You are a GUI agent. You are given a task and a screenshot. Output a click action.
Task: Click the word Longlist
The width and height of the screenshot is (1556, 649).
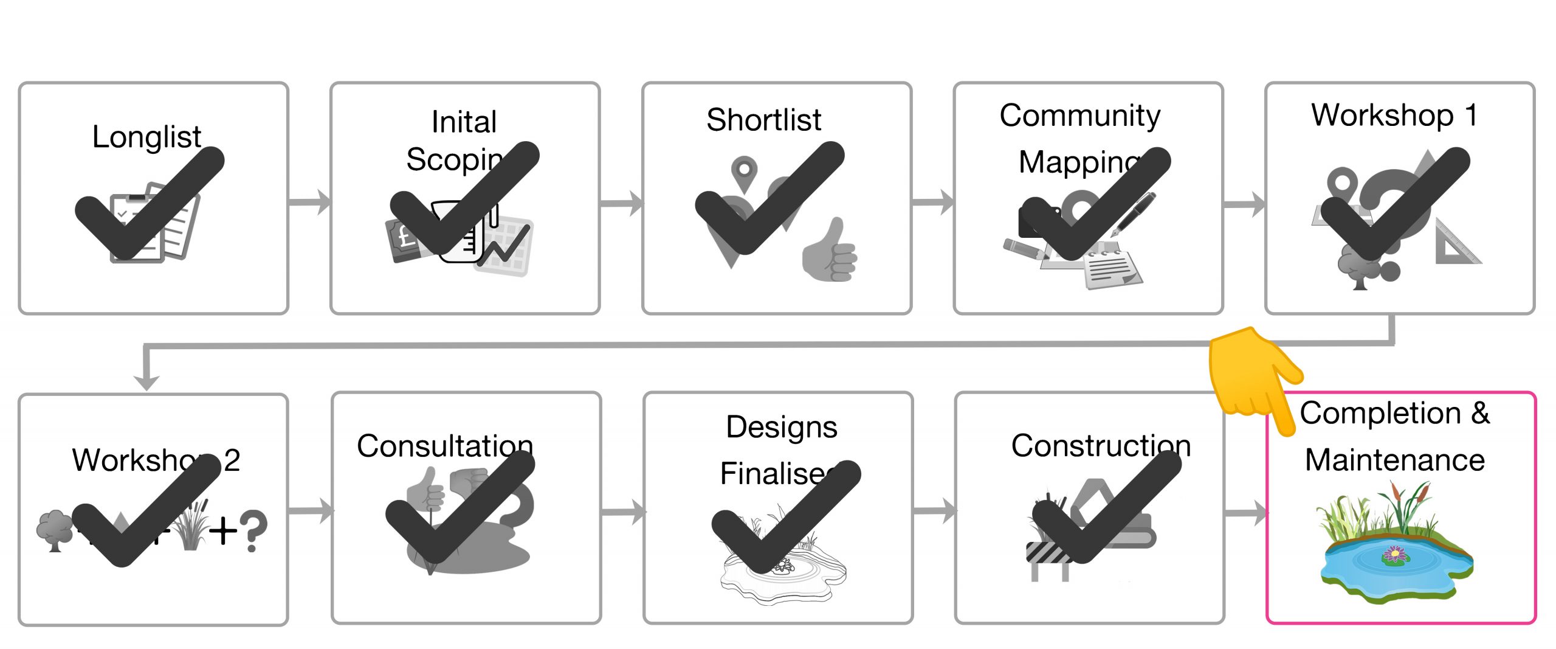coord(146,137)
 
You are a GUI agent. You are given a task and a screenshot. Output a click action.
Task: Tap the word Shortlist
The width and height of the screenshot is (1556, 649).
coord(763,120)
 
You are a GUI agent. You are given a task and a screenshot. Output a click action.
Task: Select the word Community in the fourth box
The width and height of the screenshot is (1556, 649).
coord(1079,116)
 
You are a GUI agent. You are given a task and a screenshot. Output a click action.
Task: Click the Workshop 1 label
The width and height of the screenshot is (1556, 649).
coord(1394,115)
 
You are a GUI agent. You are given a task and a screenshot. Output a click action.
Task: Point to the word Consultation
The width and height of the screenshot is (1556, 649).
coord(444,446)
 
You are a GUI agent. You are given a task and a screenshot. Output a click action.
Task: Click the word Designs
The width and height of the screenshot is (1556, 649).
coord(781,427)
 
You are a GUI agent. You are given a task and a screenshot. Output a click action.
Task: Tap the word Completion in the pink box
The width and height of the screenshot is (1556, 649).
coord(1380,414)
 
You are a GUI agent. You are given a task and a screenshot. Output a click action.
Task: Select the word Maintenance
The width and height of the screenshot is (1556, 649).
coord(1394,460)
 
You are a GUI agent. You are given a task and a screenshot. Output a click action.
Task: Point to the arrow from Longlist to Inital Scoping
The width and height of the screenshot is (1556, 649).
coord(309,201)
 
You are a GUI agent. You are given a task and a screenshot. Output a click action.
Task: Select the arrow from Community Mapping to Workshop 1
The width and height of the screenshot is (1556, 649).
coord(1244,204)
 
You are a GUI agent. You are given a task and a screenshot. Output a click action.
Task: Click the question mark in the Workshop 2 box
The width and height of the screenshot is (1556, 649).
coord(253,531)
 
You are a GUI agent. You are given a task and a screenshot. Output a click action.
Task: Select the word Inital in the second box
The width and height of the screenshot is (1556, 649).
coord(464,122)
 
